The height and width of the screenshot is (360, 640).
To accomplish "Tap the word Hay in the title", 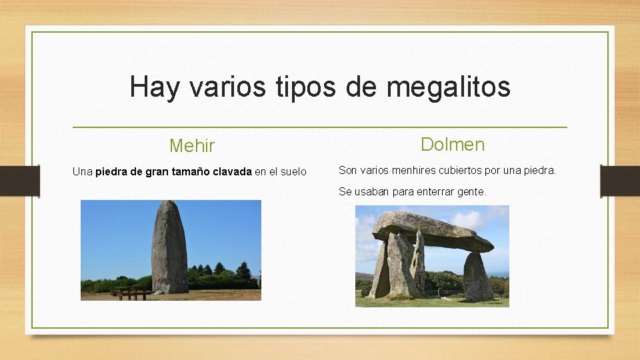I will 154,87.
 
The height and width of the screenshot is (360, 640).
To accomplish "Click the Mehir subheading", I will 192,145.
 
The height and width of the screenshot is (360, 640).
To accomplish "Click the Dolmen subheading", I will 453,144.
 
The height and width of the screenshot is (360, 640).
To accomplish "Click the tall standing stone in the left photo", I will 169,248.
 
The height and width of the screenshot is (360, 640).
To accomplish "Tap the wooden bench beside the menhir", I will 131,292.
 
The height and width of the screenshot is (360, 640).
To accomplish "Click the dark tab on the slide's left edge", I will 19,181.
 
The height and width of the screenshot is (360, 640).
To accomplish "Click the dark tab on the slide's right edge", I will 620,181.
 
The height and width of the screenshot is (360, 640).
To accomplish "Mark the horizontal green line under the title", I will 319,127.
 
